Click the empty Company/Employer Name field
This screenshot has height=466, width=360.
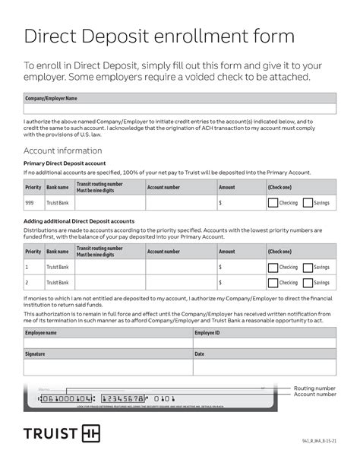[x=179, y=109]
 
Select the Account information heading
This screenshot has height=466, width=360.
[x=63, y=151]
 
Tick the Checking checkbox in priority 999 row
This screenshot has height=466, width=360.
[x=272, y=203]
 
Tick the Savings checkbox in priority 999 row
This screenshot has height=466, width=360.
[x=308, y=203]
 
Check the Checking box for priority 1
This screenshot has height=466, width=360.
[x=272, y=268]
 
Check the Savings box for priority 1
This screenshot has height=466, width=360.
[x=308, y=268]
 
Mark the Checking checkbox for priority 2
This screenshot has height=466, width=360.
[x=272, y=283]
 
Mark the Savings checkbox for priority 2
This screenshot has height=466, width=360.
[x=308, y=283]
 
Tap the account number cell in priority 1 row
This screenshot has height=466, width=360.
[x=180, y=268]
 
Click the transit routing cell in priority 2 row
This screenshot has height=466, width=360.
[x=109, y=283]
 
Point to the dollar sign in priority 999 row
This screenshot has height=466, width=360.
[x=220, y=204]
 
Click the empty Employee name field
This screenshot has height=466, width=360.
[x=108, y=344]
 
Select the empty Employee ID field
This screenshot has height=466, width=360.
[x=264, y=344]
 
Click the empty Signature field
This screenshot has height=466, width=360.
[x=108, y=367]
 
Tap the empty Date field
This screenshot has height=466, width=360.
[x=264, y=367]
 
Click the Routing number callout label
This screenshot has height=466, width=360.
[x=314, y=388]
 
